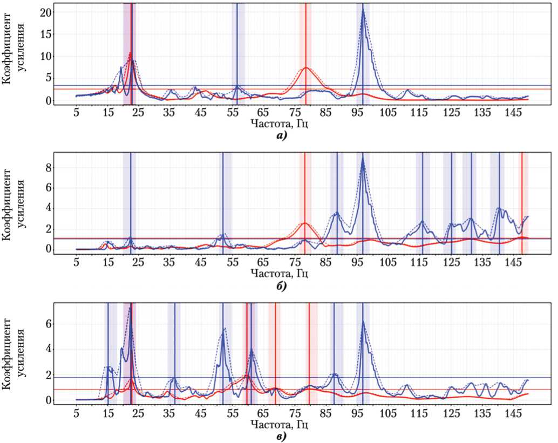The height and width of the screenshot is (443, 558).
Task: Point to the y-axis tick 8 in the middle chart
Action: point(50,168)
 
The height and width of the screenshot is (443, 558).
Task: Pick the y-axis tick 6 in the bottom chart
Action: point(50,324)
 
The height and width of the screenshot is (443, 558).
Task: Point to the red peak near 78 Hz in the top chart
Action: point(306,68)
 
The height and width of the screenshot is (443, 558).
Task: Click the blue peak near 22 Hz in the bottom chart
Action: point(131,309)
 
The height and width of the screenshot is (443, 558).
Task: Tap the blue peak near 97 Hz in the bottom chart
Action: point(363,322)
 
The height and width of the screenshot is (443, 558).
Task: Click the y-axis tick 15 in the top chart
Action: point(48,34)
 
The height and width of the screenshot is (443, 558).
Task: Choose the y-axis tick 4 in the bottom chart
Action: point(50,349)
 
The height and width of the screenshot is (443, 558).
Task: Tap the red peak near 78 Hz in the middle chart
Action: point(305,223)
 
